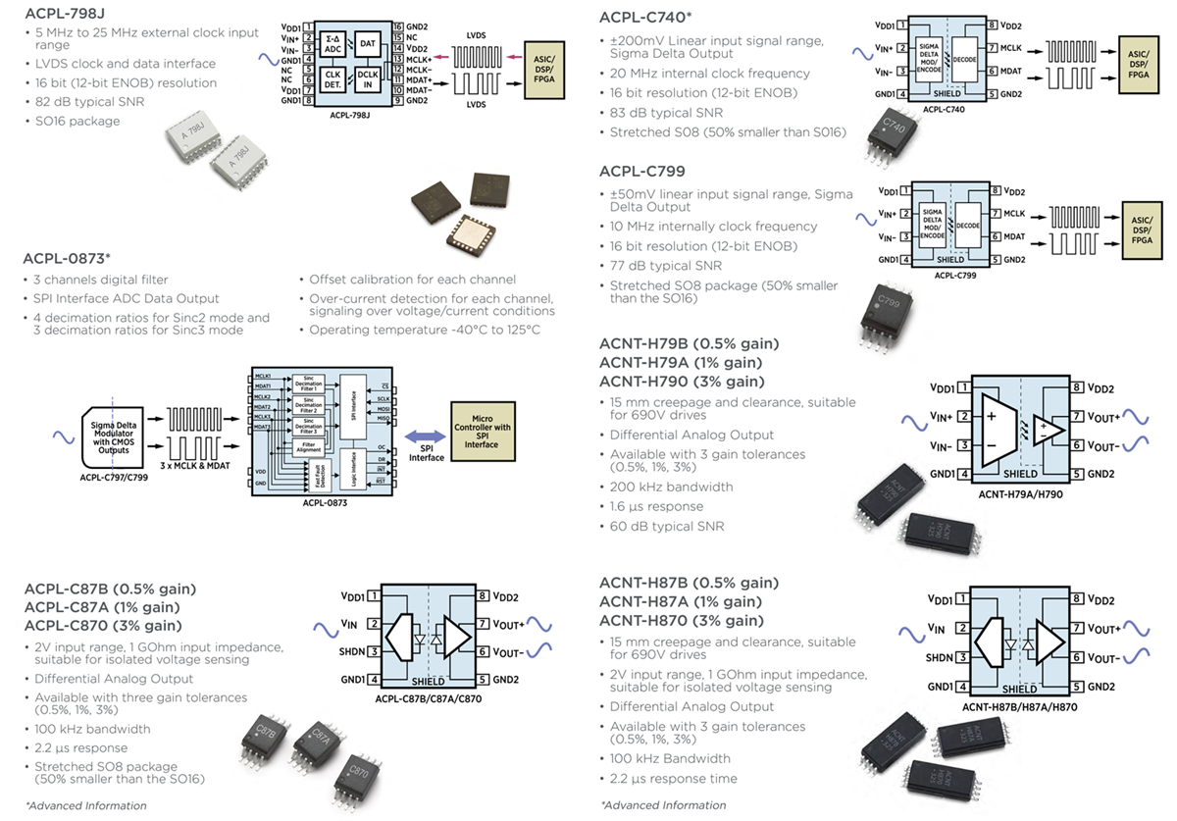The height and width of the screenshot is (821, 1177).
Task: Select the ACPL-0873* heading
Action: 67,259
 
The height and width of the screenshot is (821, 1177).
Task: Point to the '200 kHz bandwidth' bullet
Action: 671,487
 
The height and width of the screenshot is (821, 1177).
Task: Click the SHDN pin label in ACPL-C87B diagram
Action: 353,650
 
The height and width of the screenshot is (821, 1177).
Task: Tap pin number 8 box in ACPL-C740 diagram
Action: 993,25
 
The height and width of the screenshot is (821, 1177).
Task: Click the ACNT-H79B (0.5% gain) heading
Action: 689,343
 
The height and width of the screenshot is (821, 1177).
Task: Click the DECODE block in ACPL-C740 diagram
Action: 970,59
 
